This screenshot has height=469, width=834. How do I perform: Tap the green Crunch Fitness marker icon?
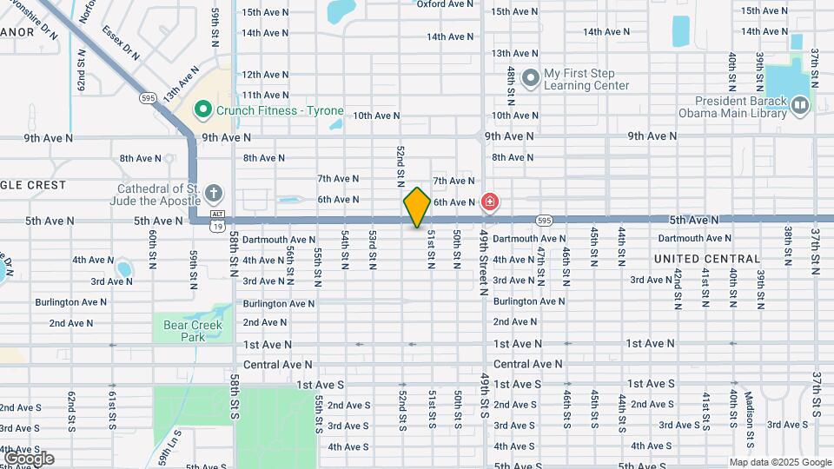(203, 110)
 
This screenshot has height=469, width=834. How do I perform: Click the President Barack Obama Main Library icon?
(799, 106)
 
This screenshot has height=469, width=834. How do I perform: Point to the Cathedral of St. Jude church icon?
(214, 192)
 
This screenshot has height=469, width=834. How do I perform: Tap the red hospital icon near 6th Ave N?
(490, 202)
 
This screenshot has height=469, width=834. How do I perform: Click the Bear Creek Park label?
(193, 331)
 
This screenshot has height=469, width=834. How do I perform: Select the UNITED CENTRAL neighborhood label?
(707, 259)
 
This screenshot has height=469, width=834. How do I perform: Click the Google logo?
(28, 458)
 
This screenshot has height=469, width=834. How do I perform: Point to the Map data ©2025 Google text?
(780, 462)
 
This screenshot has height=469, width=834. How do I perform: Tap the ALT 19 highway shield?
(217, 220)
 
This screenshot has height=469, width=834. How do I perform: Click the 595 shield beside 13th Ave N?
(149, 98)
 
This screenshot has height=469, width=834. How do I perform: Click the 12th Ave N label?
(265, 75)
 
